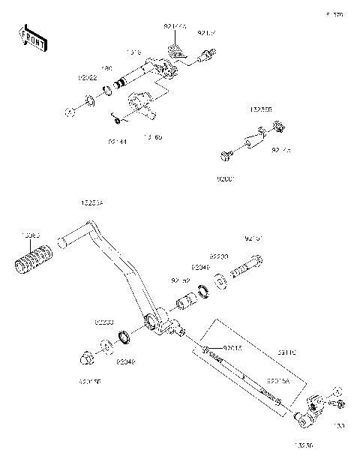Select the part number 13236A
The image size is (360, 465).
click(x=92, y=202)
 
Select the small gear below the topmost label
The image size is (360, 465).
click(x=177, y=52)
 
